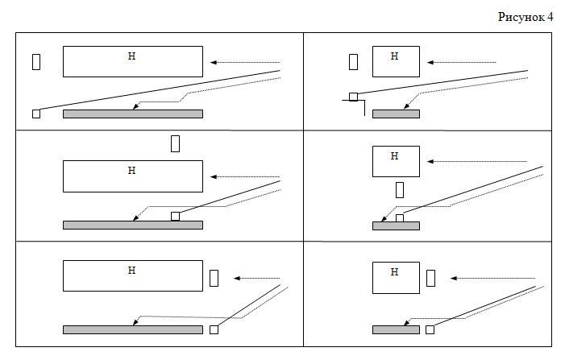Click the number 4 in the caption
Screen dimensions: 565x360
pos(550,17)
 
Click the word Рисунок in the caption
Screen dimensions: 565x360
pos(521,17)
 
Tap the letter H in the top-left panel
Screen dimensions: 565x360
pos(132,56)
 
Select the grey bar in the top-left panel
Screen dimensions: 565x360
pos(133,114)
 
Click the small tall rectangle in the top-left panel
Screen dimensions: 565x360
pos(36,62)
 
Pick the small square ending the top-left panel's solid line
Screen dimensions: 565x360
pos(36,114)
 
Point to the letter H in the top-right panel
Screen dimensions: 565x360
pos(395,56)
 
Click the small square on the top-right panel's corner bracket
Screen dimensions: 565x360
pos(354,97)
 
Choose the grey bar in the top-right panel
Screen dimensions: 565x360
pos(396,114)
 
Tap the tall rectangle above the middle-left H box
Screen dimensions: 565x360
pos(175,143)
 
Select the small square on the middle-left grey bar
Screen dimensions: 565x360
pos(175,216)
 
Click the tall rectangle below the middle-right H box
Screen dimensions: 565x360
pos(400,190)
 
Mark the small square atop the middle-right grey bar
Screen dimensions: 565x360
pos(400,218)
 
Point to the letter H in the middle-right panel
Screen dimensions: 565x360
pos(395,156)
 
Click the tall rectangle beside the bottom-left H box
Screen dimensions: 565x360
pos(214,278)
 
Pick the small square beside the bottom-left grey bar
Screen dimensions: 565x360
pos(214,329)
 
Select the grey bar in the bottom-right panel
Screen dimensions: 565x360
pos(396,329)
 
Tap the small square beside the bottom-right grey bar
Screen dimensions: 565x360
pos(430,329)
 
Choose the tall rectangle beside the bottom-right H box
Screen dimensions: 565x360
pos(430,278)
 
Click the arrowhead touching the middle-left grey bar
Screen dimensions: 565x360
pos(135,217)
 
